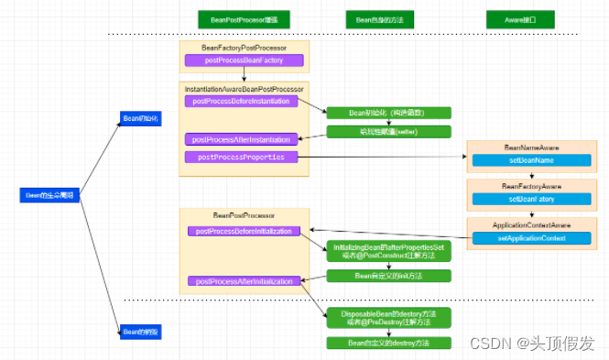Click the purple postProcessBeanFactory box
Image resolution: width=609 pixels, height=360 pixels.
pyautogui.click(x=243, y=60)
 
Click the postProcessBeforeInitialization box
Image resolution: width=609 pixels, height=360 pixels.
pyautogui.click(x=244, y=231)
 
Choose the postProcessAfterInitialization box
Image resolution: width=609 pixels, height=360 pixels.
pyautogui.click(x=244, y=281)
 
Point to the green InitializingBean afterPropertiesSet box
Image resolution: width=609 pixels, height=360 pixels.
pyautogui.click(x=389, y=250)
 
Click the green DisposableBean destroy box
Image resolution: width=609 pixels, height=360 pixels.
pyautogui.click(x=389, y=317)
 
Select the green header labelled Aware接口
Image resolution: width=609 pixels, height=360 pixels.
pyautogui.click(x=518, y=19)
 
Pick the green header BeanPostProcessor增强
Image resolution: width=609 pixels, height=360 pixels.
pyautogui.click(x=237, y=19)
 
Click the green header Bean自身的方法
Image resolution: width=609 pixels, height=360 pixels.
pyautogui.click(x=378, y=19)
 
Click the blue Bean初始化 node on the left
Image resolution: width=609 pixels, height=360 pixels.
pyautogui.click(x=140, y=118)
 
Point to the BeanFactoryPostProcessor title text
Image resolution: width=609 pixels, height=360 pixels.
pyautogui.click(x=243, y=47)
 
